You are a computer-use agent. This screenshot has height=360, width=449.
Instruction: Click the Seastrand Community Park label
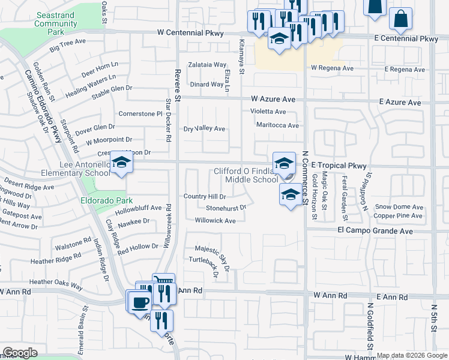point(56,23)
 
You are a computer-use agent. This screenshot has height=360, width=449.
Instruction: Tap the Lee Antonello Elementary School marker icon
point(121,163)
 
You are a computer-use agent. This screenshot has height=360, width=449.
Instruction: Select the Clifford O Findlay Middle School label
point(246,175)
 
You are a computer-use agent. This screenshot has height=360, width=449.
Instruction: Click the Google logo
point(20,353)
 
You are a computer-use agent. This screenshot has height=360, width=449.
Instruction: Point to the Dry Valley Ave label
point(204,128)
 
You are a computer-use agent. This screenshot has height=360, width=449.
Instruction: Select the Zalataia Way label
point(207,64)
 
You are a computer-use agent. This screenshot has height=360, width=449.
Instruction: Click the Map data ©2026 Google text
point(411,355)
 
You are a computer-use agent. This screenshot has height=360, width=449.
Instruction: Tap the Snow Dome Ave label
point(399,207)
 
